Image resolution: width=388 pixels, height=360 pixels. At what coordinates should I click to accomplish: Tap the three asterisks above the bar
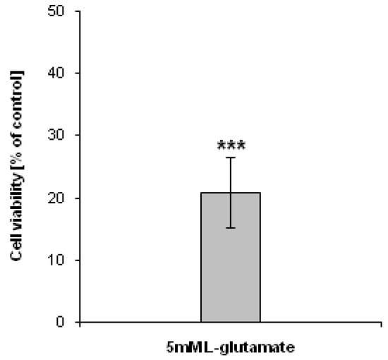(x=231, y=147)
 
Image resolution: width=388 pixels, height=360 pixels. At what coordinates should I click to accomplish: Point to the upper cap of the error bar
(x=231, y=157)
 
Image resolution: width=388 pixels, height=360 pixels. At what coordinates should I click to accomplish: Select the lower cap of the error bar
(x=231, y=227)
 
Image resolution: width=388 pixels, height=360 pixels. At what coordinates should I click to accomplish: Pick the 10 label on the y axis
(x=59, y=260)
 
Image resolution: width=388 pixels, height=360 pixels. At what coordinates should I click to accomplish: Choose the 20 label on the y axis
(x=59, y=198)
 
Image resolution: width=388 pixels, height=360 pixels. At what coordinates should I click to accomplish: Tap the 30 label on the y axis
(x=59, y=136)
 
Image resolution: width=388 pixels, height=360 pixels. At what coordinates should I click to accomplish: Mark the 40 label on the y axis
(x=59, y=73)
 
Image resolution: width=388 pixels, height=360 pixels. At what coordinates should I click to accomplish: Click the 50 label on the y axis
(x=59, y=11)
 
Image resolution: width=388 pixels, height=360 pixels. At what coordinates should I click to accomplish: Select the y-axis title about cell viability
(x=17, y=167)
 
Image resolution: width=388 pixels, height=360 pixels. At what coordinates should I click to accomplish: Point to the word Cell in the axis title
(x=17, y=251)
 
